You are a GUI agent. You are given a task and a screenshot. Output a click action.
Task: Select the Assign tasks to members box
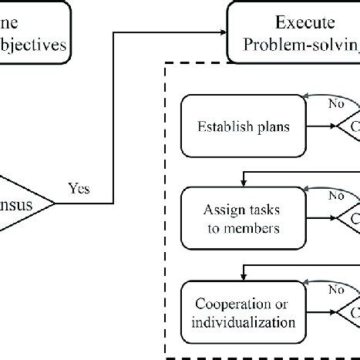click(234, 219)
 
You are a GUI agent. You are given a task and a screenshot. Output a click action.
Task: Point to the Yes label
click(79, 187)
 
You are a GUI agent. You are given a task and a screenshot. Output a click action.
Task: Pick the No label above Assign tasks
click(314, 195)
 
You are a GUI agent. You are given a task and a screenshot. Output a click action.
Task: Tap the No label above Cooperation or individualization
click(314, 291)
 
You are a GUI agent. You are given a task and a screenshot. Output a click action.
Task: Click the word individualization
click(234, 319)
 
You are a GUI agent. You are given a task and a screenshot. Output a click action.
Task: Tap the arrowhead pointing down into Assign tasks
click(244, 183)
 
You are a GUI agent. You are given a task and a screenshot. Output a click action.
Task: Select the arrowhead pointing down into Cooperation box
click(244, 275)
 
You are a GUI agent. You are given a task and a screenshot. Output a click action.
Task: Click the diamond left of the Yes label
click(23, 204)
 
